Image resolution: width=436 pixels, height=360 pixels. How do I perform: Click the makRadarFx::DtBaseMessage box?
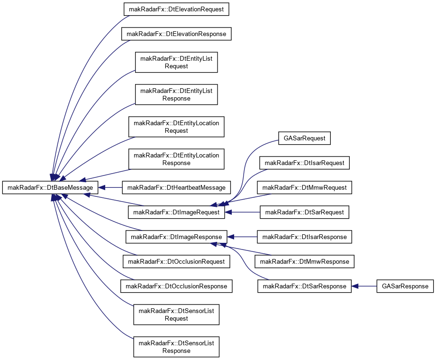(50, 187)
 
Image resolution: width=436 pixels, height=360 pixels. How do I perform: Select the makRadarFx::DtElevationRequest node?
(176, 9)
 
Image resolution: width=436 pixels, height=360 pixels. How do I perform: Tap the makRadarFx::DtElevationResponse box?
(176, 34)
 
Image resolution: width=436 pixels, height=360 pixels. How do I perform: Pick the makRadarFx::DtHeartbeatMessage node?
(176, 187)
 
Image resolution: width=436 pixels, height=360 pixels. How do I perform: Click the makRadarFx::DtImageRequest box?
(176, 212)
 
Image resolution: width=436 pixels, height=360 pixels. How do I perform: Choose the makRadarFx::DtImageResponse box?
(176, 237)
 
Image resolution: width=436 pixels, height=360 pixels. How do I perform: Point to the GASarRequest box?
(304, 138)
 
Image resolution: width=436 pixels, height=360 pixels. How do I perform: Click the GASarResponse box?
(405, 286)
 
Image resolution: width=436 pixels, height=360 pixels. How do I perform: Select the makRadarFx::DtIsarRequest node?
(304, 163)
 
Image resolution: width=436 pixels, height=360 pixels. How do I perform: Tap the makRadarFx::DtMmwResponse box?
(304, 261)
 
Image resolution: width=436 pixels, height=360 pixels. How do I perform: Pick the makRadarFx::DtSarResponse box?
(304, 286)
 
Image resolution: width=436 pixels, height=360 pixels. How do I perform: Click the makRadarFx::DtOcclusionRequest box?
(176, 261)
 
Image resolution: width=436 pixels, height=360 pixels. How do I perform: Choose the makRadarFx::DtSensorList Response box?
(176, 347)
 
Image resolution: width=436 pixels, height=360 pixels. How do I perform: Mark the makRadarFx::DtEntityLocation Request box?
(176, 127)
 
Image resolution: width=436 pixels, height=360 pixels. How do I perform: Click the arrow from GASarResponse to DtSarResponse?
(364, 286)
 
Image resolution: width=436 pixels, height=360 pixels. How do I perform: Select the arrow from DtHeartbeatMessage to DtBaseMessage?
(110, 187)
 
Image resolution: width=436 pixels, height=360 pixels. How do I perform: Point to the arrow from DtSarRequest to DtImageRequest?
(242, 212)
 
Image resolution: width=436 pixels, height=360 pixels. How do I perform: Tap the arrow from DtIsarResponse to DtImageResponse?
(242, 237)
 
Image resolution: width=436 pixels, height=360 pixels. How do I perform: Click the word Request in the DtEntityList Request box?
(176, 66)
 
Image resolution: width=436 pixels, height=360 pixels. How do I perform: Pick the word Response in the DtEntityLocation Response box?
(176, 163)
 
